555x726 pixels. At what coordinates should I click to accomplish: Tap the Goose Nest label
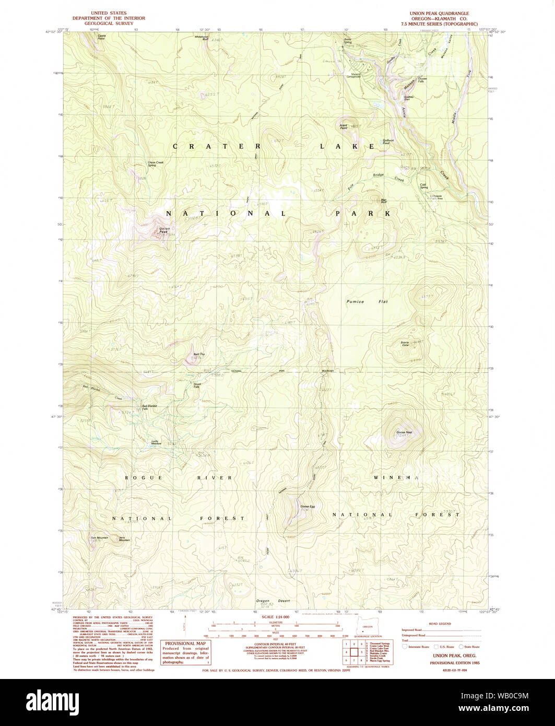pos(404,432)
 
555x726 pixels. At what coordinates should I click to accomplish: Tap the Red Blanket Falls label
pos(149,407)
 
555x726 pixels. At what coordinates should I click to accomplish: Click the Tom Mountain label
pos(99,538)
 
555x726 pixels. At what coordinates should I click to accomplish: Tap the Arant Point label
pos(344,127)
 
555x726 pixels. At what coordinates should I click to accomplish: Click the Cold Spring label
pos(423,186)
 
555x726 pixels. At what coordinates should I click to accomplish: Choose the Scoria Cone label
pos(405,344)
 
